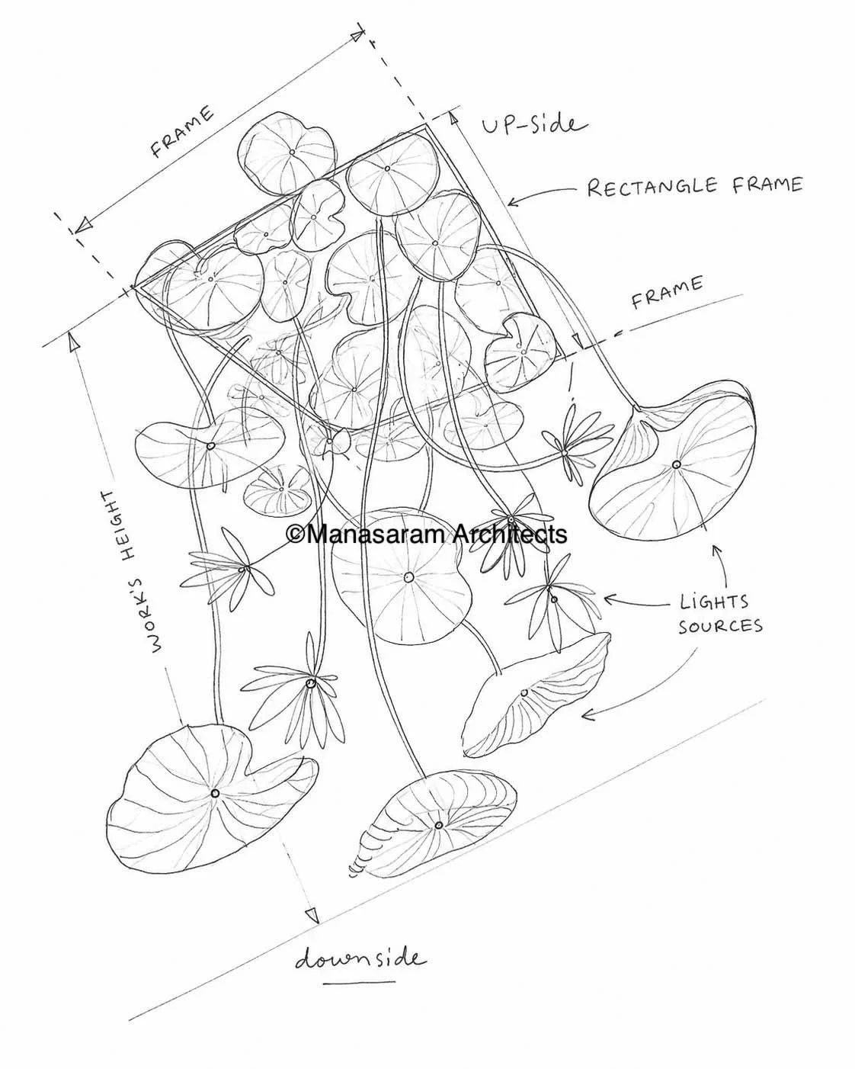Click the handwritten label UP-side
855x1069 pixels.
pos(534,125)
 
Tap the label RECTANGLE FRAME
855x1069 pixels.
pos(695,186)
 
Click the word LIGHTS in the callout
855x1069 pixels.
pos(714,602)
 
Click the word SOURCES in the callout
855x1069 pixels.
pos(720,626)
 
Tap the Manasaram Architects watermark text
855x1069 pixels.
pos(427,535)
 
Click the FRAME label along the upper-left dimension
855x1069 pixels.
pos(183,132)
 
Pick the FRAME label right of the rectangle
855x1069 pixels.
pos(667,293)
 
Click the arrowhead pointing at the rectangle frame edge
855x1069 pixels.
pos(512,203)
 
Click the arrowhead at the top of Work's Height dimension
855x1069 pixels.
pos(73,342)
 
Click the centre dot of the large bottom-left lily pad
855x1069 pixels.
pos(215,793)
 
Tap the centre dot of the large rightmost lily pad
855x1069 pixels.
pos(676,465)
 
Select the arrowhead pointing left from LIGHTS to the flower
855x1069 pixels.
pos(610,599)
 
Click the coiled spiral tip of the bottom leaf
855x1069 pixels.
pos(358,865)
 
